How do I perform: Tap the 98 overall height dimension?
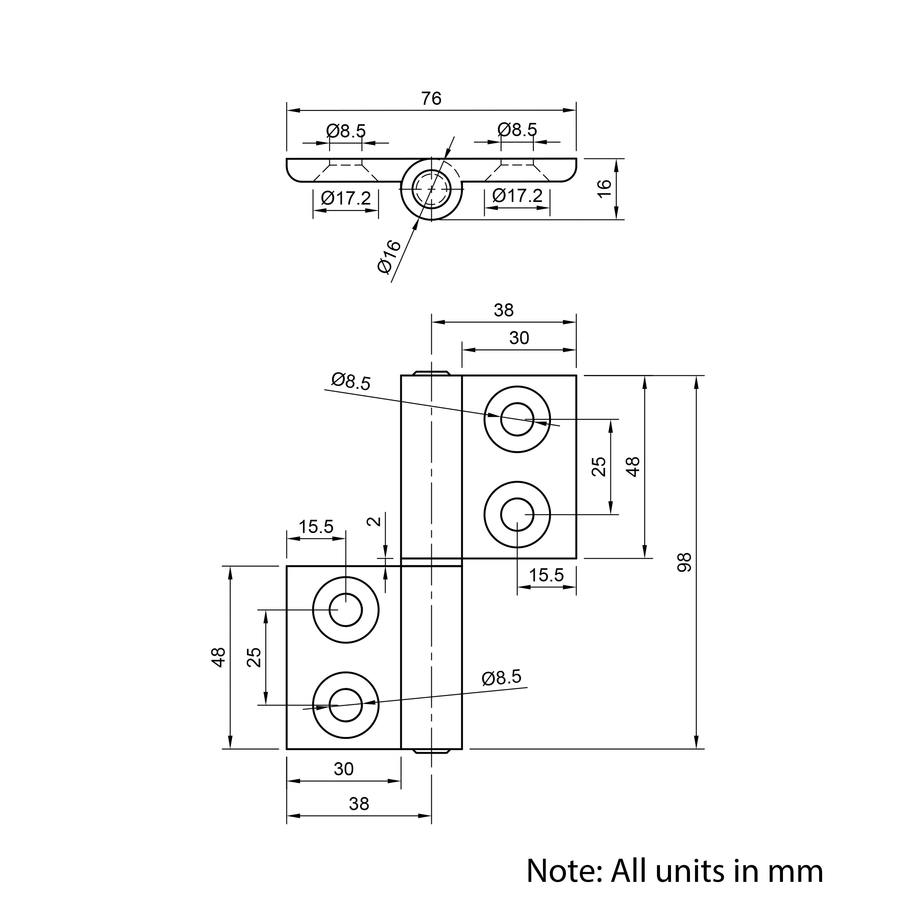[x=685, y=562]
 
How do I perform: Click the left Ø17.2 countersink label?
[x=346, y=198]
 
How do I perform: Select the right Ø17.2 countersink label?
[x=517, y=195]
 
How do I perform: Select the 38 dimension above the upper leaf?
[x=504, y=310]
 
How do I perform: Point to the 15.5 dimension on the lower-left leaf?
[x=316, y=527]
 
